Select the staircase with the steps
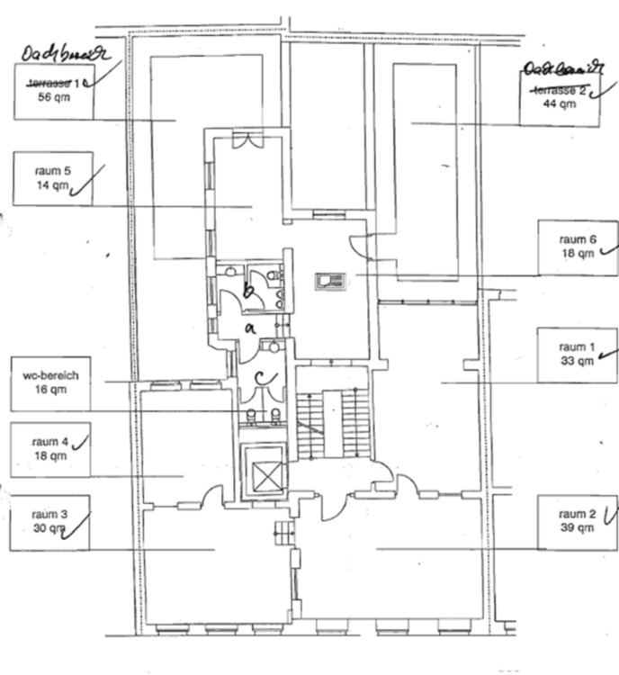(333, 418)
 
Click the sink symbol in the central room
(329, 281)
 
